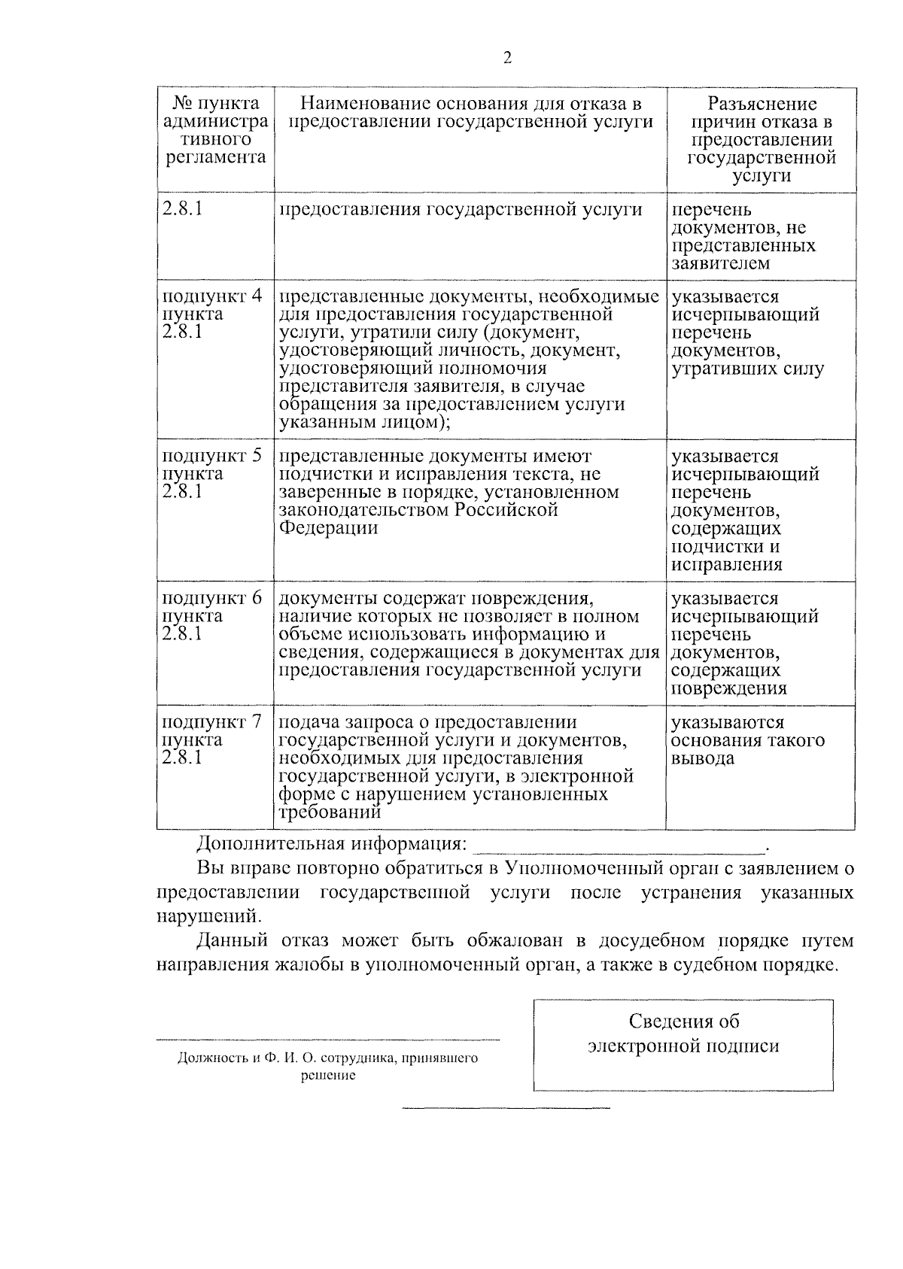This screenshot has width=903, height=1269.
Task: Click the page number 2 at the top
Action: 506,58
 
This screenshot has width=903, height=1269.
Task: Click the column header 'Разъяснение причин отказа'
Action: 761,140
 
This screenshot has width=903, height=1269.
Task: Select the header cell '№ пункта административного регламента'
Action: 215,131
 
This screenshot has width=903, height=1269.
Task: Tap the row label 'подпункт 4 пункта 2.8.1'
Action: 213,314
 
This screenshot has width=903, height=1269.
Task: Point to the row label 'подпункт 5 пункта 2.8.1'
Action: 213,474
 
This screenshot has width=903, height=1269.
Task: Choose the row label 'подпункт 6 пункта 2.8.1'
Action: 213,616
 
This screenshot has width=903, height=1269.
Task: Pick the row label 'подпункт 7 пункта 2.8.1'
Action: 213,739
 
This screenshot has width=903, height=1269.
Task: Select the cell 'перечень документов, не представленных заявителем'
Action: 743,237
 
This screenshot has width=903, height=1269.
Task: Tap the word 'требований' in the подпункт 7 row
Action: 330,812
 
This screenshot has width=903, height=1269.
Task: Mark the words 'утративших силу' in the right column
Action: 747,369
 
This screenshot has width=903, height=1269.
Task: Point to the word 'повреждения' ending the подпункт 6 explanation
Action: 729,688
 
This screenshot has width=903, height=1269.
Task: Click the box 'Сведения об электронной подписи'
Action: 683,1045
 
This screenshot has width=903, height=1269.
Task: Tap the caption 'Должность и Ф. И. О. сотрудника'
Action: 328,1058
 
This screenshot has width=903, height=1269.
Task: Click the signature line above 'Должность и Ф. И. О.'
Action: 328,1040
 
